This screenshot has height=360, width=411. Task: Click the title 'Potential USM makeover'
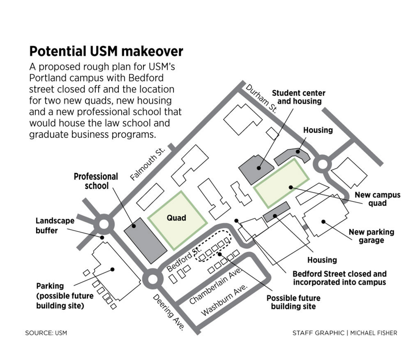[x=106, y=52]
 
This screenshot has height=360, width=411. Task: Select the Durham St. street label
[x=261, y=99]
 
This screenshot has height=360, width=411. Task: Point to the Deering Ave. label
[x=168, y=314]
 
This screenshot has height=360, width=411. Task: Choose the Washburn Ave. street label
[x=224, y=302]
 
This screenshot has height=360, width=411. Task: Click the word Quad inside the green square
[x=176, y=218]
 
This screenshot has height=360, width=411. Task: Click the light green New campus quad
[x=282, y=183]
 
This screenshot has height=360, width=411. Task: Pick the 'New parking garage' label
[x=371, y=236]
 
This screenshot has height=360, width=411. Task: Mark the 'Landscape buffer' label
[x=55, y=225]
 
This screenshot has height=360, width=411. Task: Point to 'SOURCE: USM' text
[x=46, y=333]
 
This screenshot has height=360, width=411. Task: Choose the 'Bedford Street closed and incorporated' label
[x=339, y=278]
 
